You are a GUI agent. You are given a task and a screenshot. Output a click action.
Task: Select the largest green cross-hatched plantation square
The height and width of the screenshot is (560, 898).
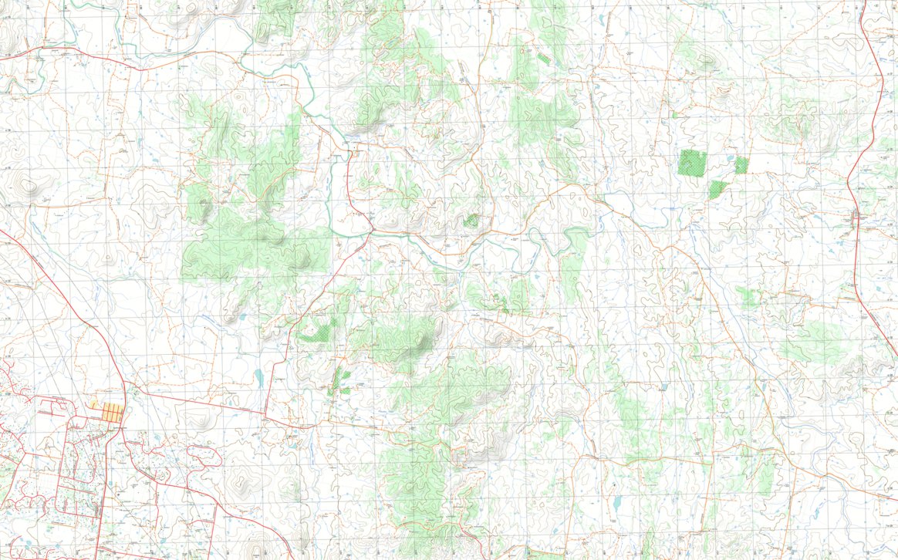point(692,164)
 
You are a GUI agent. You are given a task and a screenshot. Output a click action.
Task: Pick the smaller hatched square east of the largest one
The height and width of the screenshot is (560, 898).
point(741,164)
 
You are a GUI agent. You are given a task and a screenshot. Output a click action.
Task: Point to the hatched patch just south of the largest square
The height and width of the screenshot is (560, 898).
point(717,187)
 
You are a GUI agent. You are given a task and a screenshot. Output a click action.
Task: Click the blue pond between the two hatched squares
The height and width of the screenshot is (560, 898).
point(729,160)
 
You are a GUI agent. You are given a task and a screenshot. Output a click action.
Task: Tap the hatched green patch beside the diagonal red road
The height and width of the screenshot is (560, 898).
point(315,333)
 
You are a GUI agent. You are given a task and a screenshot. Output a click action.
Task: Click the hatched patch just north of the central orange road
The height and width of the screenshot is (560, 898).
point(470,221)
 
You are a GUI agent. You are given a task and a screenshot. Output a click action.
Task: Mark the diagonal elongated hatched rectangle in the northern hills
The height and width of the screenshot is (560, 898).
point(545,58)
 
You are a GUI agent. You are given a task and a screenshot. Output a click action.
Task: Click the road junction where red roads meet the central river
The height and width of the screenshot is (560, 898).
point(371,229)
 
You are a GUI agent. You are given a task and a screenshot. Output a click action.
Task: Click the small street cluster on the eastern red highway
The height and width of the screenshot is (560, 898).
point(856,217)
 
